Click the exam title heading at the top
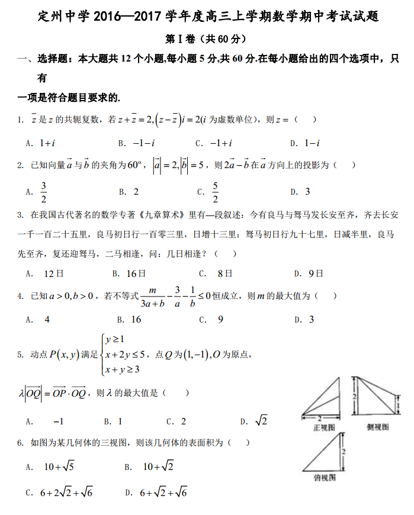(x=207, y=17)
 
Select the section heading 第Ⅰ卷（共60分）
(x=206, y=38)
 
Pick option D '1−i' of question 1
(x=312, y=143)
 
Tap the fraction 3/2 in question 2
(x=44, y=192)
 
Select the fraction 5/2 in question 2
(x=215, y=192)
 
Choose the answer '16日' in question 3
(x=136, y=273)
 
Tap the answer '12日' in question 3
(x=54, y=273)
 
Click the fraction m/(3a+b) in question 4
(x=152, y=296)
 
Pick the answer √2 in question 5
(x=261, y=421)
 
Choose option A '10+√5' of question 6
(x=59, y=467)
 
